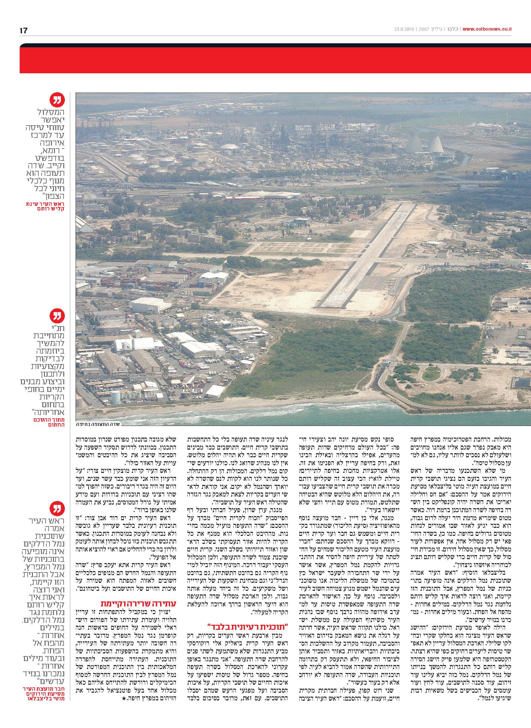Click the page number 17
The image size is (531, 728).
[23, 31]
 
